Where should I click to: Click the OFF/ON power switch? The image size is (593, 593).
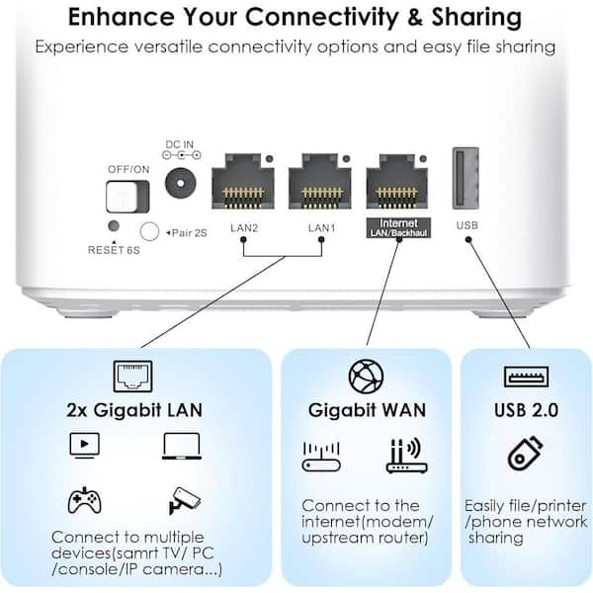tap(127, 197)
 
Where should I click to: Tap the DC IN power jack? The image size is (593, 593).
tap(181, 184)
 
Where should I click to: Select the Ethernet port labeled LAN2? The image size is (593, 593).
tap(243, 181)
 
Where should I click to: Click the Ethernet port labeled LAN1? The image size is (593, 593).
tap(320, 181)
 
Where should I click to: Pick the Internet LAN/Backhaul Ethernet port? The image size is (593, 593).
tap(397, 181)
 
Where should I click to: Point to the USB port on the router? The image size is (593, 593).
tap(466, 178)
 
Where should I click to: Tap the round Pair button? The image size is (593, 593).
tap(149, 231)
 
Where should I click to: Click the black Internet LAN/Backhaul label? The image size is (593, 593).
tap(398, 227)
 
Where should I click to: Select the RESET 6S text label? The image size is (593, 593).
tap(114, 250)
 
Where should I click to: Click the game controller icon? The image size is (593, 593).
tap(84, 500)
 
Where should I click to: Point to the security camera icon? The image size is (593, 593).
tap(184, 500)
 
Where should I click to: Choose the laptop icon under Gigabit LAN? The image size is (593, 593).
tap(182, 447)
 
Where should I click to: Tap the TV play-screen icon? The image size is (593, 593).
tap(85, 445)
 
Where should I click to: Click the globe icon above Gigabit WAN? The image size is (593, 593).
tap(366, 377)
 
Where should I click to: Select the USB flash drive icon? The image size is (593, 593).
tap(525, 454)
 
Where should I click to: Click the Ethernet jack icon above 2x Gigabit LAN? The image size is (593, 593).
tap(133, 377)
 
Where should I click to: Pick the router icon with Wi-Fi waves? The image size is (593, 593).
tap(407, 456)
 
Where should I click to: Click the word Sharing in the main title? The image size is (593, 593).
tap(476, 17)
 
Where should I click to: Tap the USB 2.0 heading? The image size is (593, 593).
tap(526, 410)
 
